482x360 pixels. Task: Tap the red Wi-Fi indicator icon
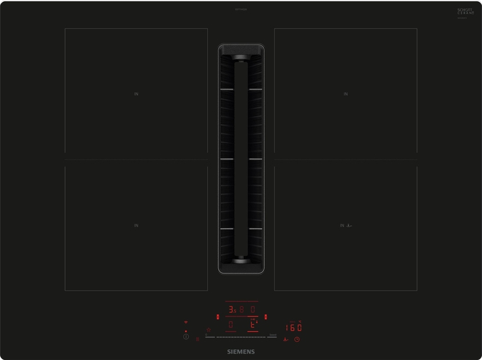[186, 323]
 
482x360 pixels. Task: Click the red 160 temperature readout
[293, 327]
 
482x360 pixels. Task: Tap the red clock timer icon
[297, 340]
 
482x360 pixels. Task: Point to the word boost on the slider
[272, 335]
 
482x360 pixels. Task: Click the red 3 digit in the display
[230, 311]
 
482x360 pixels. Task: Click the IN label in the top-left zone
[136, 94]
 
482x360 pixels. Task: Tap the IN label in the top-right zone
[345, 94]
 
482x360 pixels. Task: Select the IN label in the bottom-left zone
[136, 225]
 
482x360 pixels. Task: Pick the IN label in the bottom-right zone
[341, 225]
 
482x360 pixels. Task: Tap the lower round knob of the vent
[241, 259]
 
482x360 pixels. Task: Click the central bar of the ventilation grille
[241, 160]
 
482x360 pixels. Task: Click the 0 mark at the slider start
[206, 335]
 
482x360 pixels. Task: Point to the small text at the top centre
[241, 9]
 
